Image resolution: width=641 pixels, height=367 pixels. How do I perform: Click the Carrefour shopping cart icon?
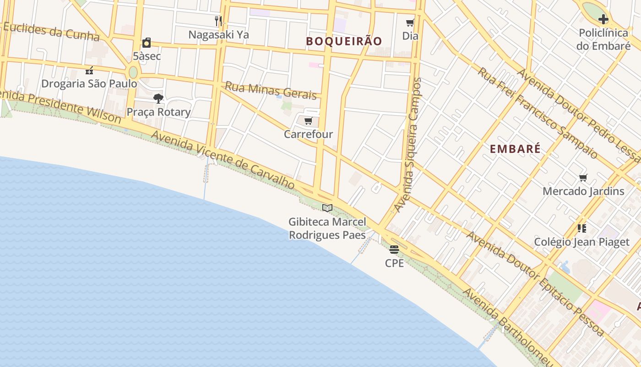coord(308,121)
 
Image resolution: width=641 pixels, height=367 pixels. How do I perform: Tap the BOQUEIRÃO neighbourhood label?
coord(344,41)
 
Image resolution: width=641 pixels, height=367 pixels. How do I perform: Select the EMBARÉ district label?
coord(515,149)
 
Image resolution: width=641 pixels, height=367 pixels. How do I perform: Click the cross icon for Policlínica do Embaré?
coord(603,19)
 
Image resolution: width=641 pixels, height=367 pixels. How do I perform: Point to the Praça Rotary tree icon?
coord(158,98)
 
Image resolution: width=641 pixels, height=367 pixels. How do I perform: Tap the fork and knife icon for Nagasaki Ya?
coord(218,21)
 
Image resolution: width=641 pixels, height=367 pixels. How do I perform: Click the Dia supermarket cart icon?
coord(410,23)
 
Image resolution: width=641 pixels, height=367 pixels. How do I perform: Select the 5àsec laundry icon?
coord(147,43)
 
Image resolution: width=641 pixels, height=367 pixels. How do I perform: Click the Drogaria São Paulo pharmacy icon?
coord(89,71)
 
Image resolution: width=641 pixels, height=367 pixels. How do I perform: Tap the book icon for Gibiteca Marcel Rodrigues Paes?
coord(327,208)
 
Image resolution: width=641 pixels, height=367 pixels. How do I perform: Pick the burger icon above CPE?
coord(394,250)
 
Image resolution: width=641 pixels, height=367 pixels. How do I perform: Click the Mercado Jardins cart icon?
coord(583,178)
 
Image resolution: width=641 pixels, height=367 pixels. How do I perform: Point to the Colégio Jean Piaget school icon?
coord(582,228)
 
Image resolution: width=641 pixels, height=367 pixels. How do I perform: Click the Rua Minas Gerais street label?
coord(271,90)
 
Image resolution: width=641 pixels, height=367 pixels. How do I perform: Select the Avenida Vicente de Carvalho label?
coord(223,159)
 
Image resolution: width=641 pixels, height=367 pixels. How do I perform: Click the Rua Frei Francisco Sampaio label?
coord(538,112)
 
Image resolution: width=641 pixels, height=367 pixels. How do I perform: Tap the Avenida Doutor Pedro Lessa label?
coord(578,115)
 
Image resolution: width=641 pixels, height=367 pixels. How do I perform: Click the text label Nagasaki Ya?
coord(218,35)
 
